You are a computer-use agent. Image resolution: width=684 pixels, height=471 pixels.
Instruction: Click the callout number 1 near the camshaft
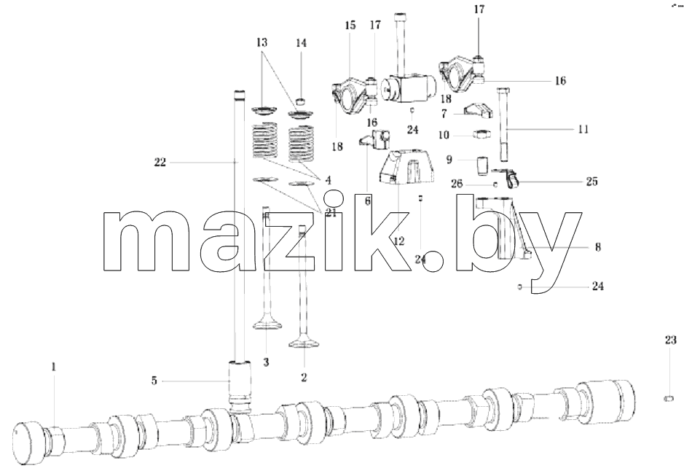tap(54, 367)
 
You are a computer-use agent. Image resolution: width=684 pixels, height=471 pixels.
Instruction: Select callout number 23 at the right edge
tap(670, 340)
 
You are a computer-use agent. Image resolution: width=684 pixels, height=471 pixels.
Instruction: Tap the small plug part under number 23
tap(668, 398)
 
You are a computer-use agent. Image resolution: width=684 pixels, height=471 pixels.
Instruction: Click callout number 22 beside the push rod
tap(160, 163)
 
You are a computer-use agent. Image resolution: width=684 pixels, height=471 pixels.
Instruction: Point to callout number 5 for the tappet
tap(154, 381)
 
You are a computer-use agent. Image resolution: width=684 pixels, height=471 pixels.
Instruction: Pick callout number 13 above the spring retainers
tap(262, 43)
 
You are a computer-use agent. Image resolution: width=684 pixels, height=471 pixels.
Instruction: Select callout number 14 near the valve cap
tap(301, 43)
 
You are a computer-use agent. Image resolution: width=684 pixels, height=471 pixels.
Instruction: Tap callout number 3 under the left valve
tap(266, 362)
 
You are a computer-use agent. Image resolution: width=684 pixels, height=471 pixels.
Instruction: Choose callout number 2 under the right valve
tap(304, 378)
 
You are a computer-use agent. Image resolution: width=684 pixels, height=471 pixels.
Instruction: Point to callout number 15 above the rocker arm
tap(350, 26)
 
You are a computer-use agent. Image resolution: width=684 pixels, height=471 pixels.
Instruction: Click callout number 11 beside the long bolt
tap(583, 129)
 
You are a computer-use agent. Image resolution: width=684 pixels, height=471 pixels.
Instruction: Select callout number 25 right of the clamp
tap(591, 181)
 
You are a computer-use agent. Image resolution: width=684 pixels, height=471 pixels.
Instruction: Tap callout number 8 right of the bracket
tap(597, 247)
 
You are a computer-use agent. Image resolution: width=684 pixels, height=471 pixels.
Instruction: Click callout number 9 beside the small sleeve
tap(449, 160)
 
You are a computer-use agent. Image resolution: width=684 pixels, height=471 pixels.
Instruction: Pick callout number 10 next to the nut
tap(443, 136)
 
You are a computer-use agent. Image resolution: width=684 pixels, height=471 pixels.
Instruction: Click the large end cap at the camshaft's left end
tap(29, 441)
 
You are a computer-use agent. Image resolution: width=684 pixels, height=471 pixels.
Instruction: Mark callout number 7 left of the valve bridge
tap(444, 114)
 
